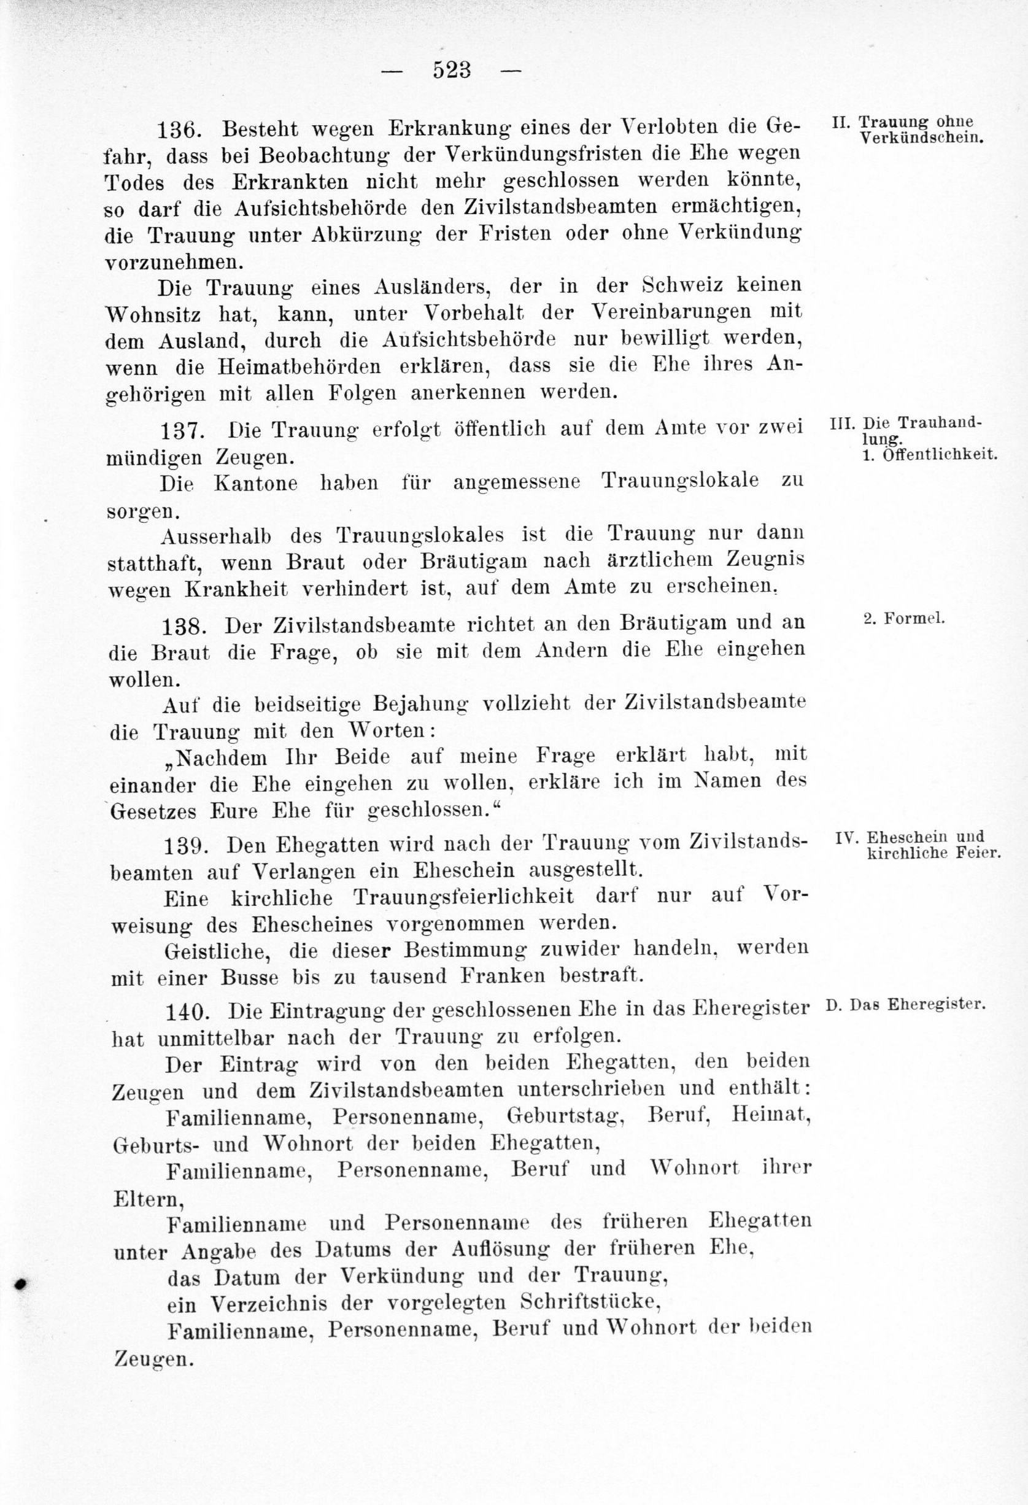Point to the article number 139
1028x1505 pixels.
coord(186,845)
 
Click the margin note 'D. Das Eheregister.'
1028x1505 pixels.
coord(906,1006)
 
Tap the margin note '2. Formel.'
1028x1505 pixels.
coord(905,619)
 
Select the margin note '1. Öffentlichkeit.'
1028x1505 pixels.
coord(930,455)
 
